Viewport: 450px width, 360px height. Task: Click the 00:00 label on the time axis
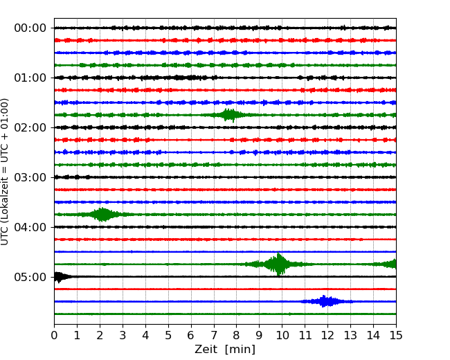coord(30,28)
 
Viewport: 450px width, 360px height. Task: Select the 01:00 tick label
coord(30,78)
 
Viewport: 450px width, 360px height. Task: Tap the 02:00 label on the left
coord(30,127)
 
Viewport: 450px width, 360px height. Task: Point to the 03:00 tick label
coord(30,177)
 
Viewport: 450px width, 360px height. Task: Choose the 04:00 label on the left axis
coord(30,227)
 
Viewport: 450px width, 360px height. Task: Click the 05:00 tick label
coord(30,277)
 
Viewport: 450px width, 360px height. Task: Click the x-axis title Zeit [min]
coord(225,350)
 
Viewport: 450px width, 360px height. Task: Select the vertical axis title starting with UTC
coord(6,172)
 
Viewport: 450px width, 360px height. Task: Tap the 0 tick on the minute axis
coord(54,336)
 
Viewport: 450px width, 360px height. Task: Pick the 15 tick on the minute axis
coord(396,336)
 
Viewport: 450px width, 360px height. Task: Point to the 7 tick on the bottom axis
coord(214,336)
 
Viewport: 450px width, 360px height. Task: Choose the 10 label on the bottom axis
coord(282,336)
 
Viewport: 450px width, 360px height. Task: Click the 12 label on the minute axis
coord(327,336)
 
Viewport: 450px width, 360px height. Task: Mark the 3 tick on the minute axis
coord(123,336)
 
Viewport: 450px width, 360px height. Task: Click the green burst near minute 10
coord(279,264)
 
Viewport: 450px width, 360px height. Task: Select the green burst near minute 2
coord(103,214)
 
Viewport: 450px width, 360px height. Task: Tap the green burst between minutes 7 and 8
coord(229,114)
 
